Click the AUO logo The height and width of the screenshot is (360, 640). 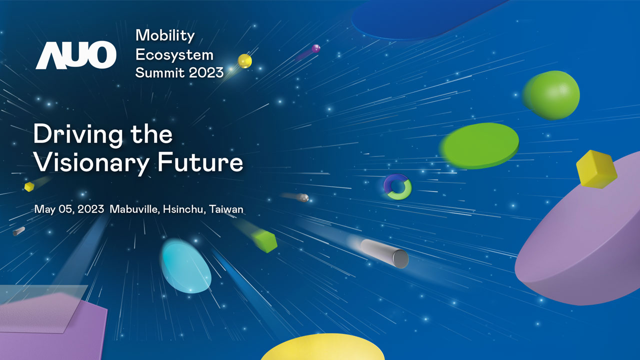[x=75, y=55]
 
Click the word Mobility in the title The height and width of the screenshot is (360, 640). [x=165, y=35]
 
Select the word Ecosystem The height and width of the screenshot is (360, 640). [x=174, y=54]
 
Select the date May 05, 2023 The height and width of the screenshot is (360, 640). [x=69, y=209]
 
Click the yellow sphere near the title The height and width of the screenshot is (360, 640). [x=244, y=61]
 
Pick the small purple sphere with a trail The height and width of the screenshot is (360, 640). [x=315, y=48]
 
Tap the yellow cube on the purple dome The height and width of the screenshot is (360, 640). [x=596, y=169]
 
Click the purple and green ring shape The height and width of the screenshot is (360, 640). [x=398, y=187]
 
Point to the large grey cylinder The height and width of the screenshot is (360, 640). [x=385, y=253]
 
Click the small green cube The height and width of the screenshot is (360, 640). [x=265, y=241]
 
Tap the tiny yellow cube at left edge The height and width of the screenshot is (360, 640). [x=29, y=186]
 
